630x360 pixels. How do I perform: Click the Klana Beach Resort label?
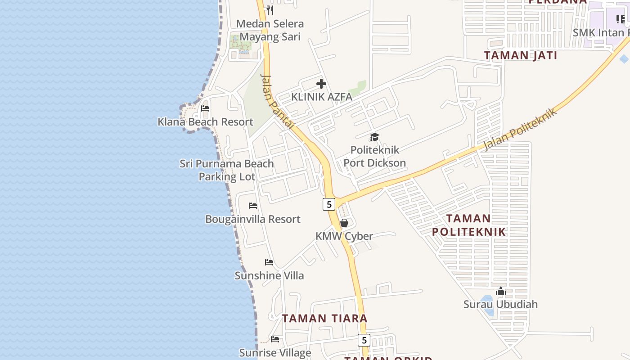point(205,121)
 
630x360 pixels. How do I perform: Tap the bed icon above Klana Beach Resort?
point(205,108)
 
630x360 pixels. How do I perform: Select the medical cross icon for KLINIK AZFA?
point(321,84)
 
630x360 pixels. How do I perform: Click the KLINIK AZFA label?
point(321,97)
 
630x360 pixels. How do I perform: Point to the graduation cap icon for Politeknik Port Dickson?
point(374,137)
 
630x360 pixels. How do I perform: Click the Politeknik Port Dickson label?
point(374,156)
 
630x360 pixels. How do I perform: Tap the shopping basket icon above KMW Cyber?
point(344,223)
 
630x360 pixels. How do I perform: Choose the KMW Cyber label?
point(344,236)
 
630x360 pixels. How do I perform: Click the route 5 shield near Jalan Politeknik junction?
point(329,204)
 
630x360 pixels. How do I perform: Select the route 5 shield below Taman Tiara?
point(364,340)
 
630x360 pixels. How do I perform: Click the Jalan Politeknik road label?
point(520,129)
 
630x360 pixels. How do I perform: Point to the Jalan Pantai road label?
point(277,102)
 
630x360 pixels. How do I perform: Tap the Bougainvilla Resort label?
point(252,219)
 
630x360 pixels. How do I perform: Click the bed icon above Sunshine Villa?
point(269,262)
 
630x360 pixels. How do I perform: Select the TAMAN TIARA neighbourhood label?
point(324,318)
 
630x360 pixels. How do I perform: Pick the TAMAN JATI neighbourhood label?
point(520,55)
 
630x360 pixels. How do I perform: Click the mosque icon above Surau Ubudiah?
point(500,292)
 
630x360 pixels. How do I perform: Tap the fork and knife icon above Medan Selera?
point(270,10)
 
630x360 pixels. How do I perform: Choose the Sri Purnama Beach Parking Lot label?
point(227,170)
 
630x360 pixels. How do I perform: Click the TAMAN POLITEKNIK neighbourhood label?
point(468,225)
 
